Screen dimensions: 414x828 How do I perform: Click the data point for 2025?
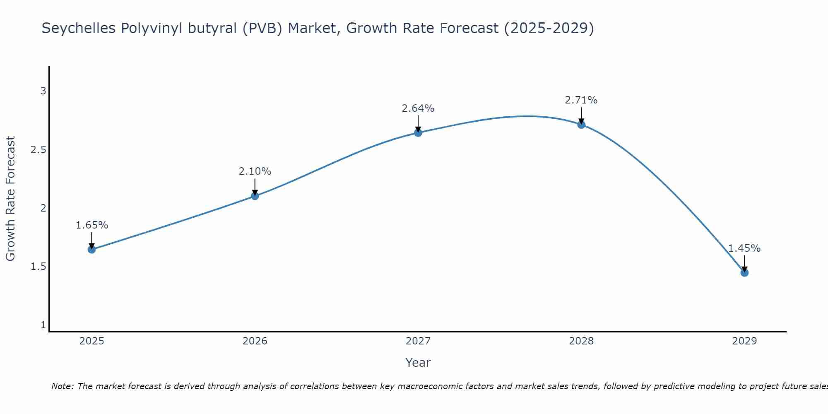92,249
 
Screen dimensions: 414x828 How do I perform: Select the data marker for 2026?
255,196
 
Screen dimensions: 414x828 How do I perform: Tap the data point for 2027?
418,132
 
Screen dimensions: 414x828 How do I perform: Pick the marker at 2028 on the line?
581,124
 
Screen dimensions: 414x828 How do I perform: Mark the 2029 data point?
744,272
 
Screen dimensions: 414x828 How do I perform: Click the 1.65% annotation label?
92,225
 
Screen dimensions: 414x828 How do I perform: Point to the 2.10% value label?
255,171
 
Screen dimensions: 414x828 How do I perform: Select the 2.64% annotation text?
418,108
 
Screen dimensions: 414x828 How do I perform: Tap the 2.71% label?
581,100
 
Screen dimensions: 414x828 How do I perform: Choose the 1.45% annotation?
744,248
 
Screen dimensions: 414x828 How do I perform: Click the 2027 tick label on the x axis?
418,341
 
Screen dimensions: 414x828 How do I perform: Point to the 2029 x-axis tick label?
744,341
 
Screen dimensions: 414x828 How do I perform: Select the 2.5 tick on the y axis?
39,150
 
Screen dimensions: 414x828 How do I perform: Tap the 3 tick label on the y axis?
43,91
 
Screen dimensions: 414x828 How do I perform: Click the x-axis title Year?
418,363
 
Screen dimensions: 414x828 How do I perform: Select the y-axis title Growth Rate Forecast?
11,199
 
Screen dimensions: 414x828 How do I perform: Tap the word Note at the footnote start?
62,386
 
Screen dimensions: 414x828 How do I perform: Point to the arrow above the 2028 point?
581,115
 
